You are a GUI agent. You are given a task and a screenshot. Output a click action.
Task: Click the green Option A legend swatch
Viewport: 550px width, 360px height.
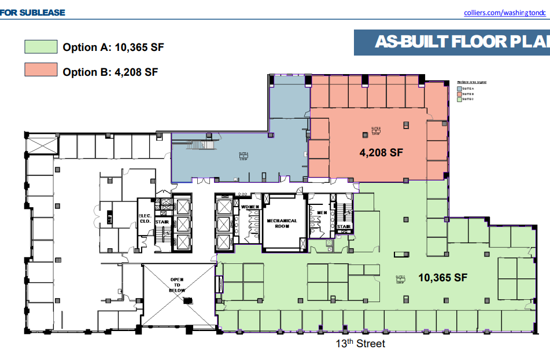(40, 47)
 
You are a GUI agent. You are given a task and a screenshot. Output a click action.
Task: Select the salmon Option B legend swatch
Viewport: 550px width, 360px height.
(40, 69)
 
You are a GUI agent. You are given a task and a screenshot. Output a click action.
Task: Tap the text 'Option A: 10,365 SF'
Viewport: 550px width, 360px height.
(113, 47)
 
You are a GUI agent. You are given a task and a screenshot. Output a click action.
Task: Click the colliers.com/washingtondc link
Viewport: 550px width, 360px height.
(505, 12)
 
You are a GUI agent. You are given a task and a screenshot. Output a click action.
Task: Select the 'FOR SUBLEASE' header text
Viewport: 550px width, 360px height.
(33, 12)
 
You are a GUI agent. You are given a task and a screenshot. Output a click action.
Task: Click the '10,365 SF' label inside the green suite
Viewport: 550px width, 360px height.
(442, 277)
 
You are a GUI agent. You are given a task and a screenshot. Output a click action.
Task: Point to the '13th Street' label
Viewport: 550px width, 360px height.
(360, 344)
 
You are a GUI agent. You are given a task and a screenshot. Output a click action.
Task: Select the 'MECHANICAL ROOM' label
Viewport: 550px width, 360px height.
(282, 223)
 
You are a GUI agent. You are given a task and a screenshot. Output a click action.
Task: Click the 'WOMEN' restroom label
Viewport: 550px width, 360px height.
(250, 207)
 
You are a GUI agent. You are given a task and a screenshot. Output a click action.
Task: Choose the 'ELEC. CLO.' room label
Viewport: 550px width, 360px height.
(145, 219)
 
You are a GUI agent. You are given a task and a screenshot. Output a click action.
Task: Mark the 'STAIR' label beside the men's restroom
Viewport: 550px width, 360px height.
(344, 227)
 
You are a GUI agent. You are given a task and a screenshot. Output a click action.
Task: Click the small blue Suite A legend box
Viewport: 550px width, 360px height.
(460, 88)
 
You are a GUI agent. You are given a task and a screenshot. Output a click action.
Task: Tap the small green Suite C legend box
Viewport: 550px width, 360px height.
(460, 100)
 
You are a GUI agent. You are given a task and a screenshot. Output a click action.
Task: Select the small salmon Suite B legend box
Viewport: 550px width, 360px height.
(460, 94)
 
